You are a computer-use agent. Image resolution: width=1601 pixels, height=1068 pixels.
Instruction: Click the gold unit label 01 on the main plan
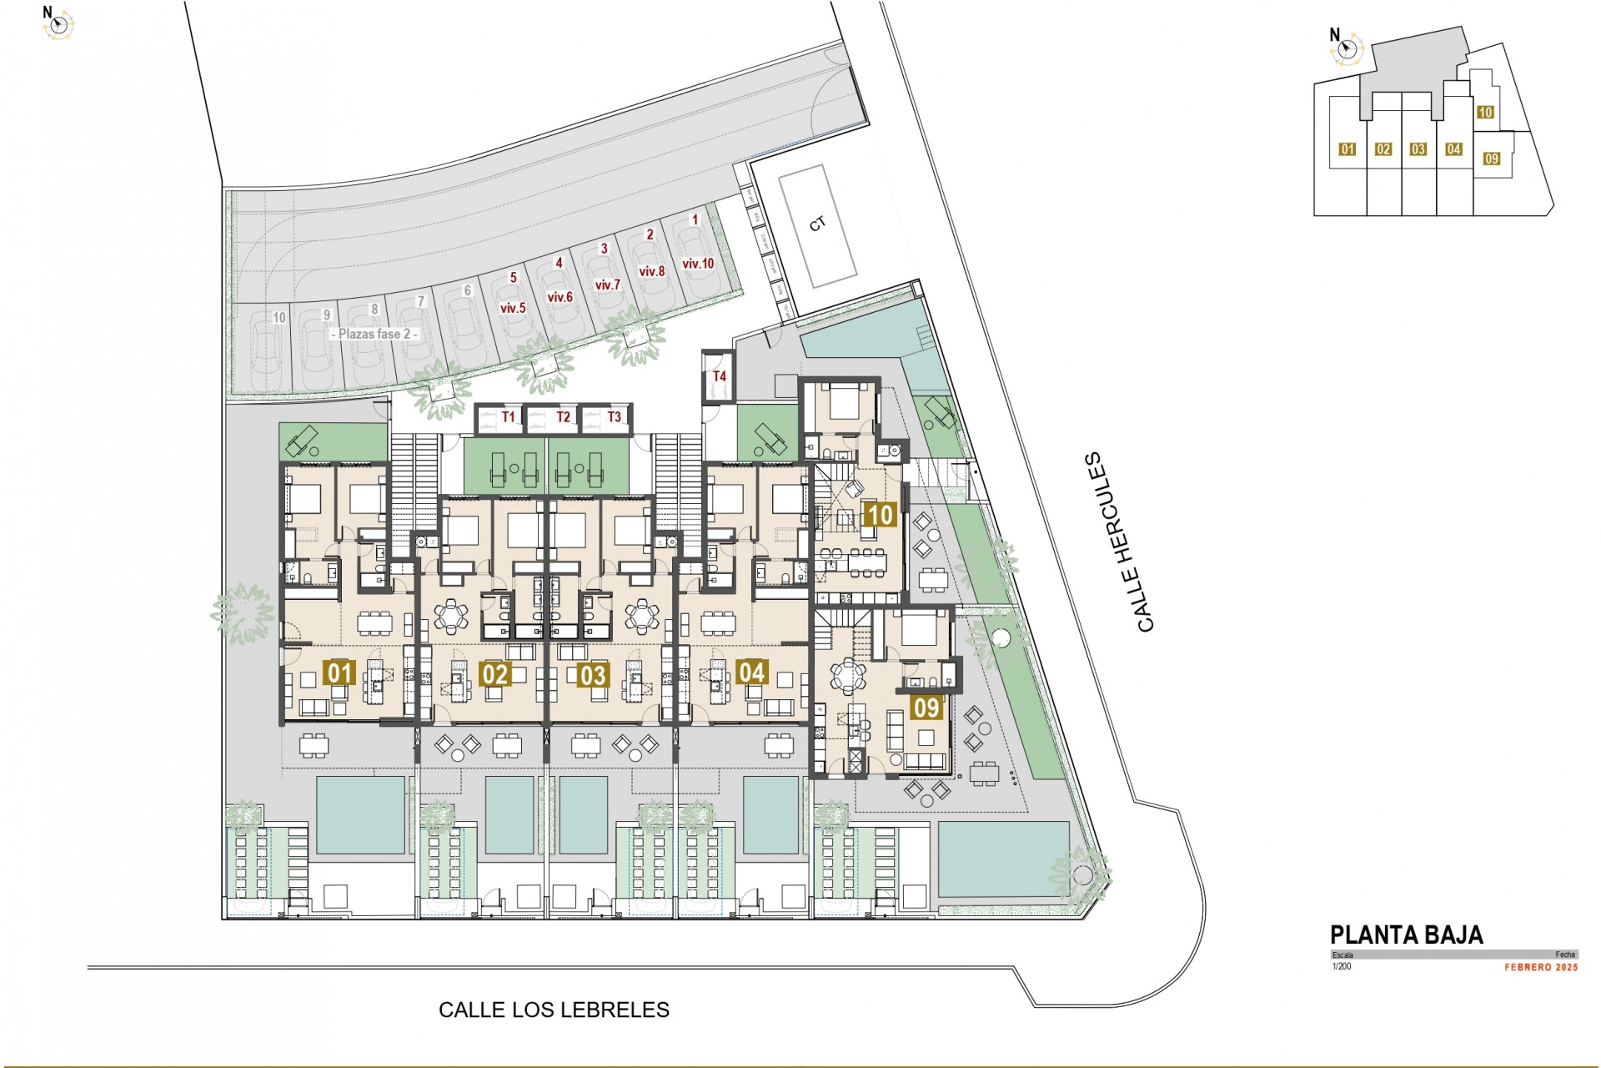click(339, 673)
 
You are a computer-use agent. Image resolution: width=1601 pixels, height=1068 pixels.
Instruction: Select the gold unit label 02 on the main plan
click(495, 673)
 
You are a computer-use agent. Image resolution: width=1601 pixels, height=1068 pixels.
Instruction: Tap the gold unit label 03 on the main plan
click(593, 674)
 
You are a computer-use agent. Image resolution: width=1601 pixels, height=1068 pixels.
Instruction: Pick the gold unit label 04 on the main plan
click(751, 672)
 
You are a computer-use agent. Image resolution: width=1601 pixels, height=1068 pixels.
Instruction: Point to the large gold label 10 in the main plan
click(881, 515)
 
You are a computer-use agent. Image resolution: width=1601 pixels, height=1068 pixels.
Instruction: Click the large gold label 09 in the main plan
click(926, 708)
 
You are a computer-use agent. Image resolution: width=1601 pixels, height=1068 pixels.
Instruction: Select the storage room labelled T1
click(509, 417)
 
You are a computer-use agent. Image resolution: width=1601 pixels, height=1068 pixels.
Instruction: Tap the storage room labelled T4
click(719, 376)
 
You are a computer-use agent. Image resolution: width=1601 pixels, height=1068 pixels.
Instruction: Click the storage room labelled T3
click(614, 417)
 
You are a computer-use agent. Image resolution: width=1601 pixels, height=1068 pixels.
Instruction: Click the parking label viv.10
click(698, 264)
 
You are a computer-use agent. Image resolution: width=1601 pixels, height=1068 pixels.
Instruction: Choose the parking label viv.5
click(513, 308)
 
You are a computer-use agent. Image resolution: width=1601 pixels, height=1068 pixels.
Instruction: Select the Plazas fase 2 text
click(374, 334)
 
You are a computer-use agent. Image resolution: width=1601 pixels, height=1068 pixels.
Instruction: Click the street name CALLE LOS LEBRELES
click(554, 1010)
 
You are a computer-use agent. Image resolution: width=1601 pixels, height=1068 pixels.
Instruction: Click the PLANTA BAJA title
click(1406, 934)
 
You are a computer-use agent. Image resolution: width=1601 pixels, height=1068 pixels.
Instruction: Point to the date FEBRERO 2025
click(1541, 968)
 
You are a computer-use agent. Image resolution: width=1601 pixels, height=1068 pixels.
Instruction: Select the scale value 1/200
click(1342, 967)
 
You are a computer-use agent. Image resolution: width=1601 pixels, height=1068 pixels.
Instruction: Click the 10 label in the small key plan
click(1485, 113)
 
